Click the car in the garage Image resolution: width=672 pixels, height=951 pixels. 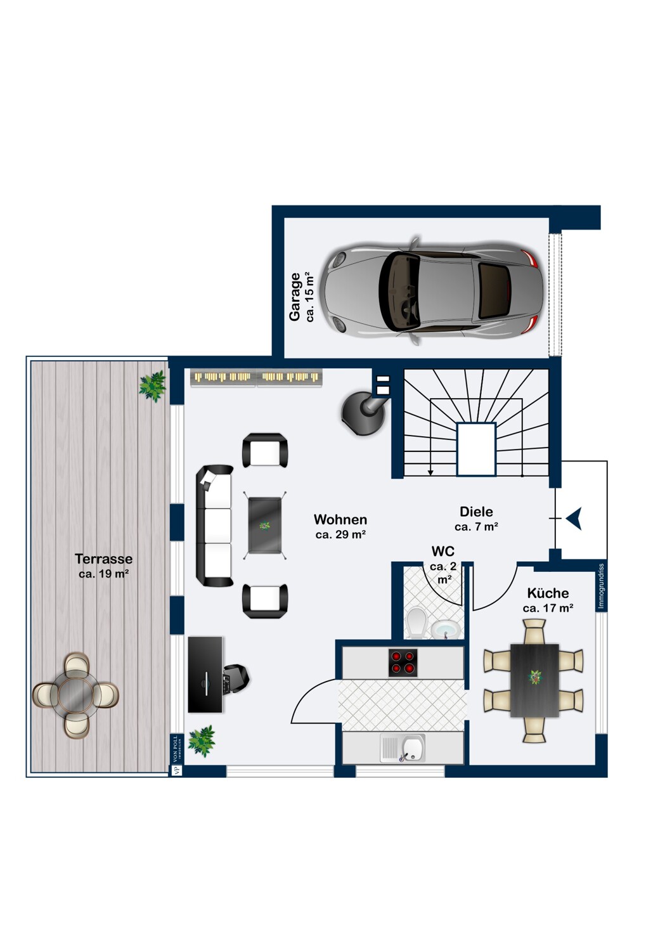[x=430, y=291]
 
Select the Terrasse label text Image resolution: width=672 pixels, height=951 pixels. [x=103, y=559]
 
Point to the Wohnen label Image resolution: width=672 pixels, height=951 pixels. [x=340, y=519]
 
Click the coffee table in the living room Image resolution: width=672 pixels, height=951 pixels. [x=264, y=525]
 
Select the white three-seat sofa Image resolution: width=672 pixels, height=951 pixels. [x=214, y=526]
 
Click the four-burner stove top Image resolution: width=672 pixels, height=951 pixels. [x=403, y=663]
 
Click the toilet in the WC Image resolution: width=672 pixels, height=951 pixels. [x=416, y=622]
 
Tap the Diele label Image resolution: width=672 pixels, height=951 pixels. [x=476, y=512]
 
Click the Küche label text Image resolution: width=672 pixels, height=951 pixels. [x=548, y=593]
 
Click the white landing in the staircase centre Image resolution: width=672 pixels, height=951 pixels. [x=476, y=449]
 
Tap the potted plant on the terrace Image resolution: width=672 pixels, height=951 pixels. [x=152, y=386]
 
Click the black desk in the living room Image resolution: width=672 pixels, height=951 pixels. [x=205, y=674]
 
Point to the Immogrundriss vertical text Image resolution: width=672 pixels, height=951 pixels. [x=601, y=586]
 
